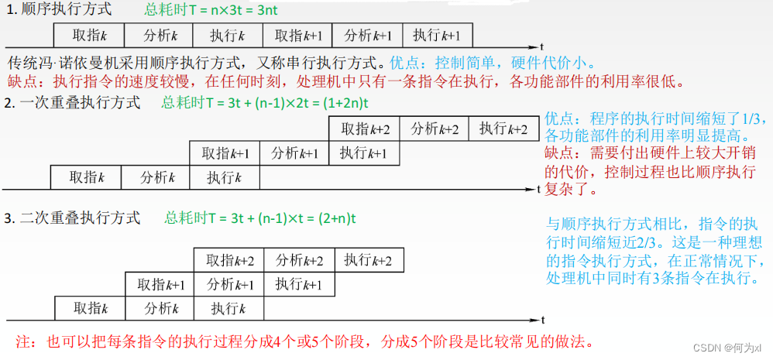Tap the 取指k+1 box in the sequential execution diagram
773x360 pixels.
[x=298, y=36]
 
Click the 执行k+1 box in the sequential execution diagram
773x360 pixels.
[x=436, y=36]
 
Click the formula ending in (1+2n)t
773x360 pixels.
[x=265, y=103]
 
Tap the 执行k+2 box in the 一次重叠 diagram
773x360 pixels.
[x=503, y=129]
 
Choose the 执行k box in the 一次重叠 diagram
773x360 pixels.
[x=225, y=177]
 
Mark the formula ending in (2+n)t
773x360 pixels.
[x=260, y=218]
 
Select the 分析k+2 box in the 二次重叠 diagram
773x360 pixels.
[x=299, y=260]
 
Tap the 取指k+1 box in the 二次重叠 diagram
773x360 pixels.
[x=161, y=284]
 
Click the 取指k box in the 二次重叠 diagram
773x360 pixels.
[x=90, y=308]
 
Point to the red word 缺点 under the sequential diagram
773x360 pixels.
[x=22, y=81]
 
